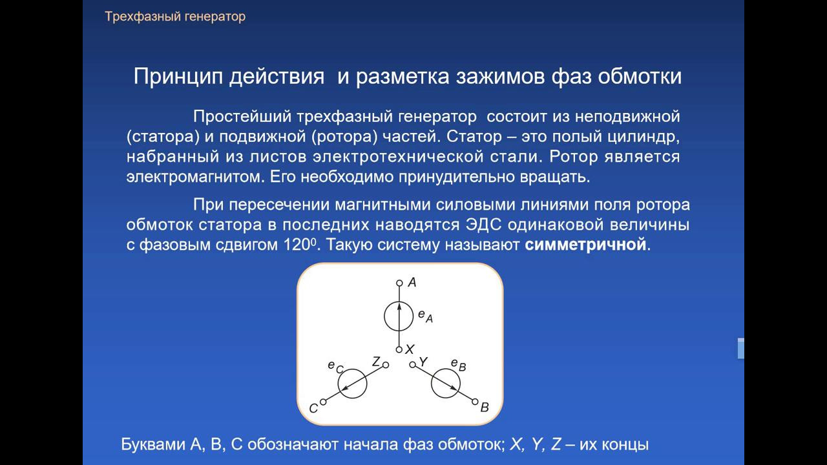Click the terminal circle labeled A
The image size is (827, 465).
click(399, 283)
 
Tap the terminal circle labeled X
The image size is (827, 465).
click(399, 349)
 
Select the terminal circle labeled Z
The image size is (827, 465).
click(386, 365)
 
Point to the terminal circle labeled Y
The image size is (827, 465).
click(412, 365)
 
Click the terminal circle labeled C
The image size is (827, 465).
click(323, 402)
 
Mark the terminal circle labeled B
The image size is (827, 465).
click(475, 402)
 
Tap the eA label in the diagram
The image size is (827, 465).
click(425, 316)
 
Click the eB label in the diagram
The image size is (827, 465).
click(459, 365)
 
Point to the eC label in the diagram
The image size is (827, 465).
click(335, 367)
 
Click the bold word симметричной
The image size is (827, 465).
click(585, 244)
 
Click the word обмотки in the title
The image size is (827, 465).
click(640, 76)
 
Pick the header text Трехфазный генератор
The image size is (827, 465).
click(175, 17)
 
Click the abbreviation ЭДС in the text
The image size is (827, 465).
click(483, 225)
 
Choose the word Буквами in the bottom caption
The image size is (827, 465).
click(153, 444)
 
